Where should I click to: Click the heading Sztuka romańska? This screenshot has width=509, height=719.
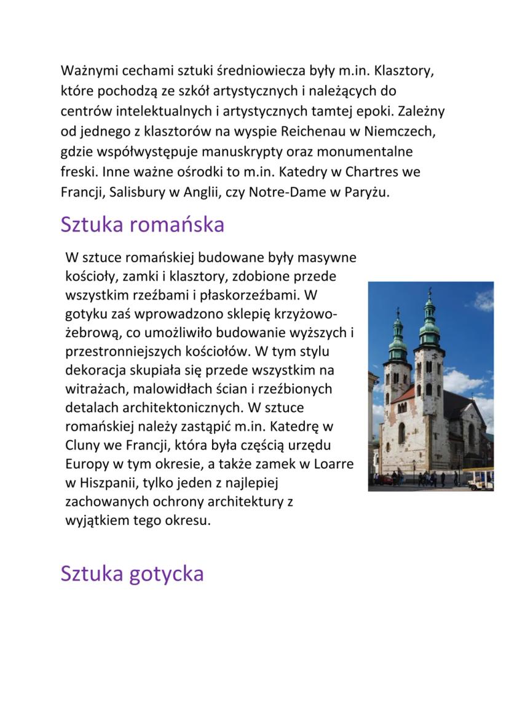[142, 225]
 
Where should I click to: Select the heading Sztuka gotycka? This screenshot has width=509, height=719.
[132, 573]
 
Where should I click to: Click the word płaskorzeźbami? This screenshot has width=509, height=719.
[241, 295]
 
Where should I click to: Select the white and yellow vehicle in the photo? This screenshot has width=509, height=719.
[480, 479]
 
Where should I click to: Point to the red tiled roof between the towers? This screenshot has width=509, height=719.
[404, 393]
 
